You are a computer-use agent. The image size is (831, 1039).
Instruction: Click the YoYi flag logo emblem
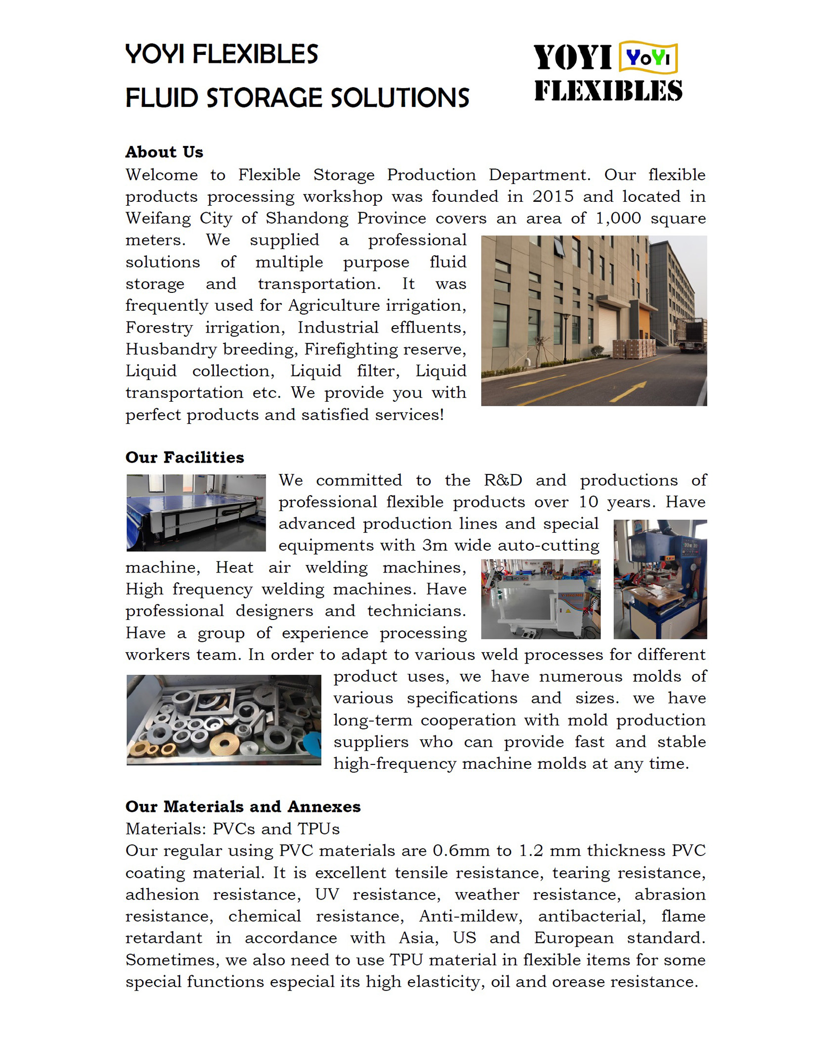tap(648, 58)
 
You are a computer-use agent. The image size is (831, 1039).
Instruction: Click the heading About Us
tap(164, 152)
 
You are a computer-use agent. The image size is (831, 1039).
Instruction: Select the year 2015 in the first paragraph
tap(553, 196)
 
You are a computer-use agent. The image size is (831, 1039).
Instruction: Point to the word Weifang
tap(158, 218)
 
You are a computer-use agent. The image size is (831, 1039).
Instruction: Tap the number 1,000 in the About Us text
tap(618, 218)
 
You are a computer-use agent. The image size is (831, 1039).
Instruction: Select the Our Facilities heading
tap(185, 457)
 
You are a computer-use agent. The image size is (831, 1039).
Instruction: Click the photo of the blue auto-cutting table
tap(196, 513)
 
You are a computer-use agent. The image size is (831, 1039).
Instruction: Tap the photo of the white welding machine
tap(541, 599)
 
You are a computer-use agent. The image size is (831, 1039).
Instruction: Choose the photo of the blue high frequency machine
tap(660, 579)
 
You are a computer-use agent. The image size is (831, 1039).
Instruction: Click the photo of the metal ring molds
tap(224, 719)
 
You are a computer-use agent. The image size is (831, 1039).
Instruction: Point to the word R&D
tap(503, 480)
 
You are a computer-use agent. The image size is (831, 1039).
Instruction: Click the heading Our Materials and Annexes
tap(243, 806)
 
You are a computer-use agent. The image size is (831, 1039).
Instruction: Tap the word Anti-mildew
tap(470, 916)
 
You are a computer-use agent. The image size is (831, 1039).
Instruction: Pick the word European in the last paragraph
tap(573, 938)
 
